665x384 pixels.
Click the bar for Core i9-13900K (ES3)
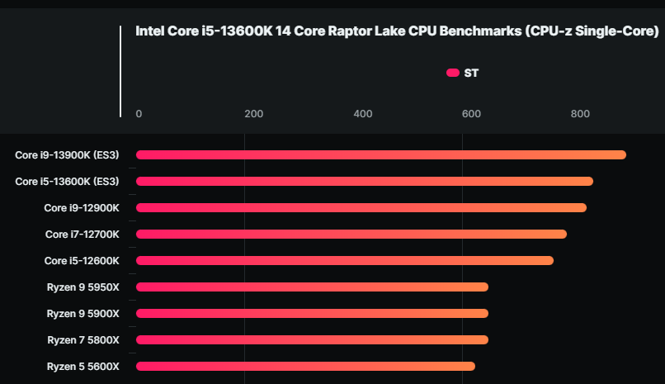pos(380,154)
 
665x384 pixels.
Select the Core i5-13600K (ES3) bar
pos(364,181)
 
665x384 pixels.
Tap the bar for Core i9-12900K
pos(361,207)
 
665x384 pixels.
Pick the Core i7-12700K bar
pos(351,234)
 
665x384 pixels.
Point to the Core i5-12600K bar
pos(344,260)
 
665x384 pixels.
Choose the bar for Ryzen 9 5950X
pos(312,287)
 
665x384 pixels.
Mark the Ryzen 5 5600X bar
pos(305,366)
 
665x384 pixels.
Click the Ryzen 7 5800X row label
pos(83,339)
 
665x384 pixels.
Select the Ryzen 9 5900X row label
pos(83,313)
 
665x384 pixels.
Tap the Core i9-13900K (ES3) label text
pos(67,154)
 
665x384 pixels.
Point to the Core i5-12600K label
pos(82,260)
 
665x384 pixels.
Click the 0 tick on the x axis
pos(139,114)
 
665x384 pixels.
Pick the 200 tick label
pos(254,114)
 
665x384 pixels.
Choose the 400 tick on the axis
pos(363,114)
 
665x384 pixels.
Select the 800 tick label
pos(580,114)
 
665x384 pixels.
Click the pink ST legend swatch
pos(452,73)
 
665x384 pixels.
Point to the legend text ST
pos(471,73)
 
